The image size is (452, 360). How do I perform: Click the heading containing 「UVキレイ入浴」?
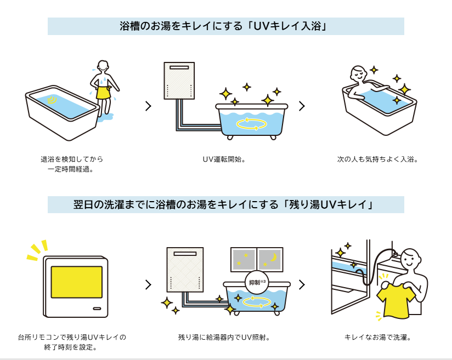(x=225, y=26)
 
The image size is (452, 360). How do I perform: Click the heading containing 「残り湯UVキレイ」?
(x=225, y=204)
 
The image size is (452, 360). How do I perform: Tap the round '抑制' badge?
(x=257, y=282)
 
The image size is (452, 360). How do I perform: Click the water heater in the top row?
(x=179, y=81)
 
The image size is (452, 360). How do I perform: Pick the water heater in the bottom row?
(x=185, y=270)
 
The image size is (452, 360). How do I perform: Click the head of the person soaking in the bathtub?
(x=359, y=73)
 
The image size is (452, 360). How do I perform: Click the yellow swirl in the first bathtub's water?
(x=53, y=100)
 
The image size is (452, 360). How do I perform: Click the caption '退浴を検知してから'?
(x=72, y=159)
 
